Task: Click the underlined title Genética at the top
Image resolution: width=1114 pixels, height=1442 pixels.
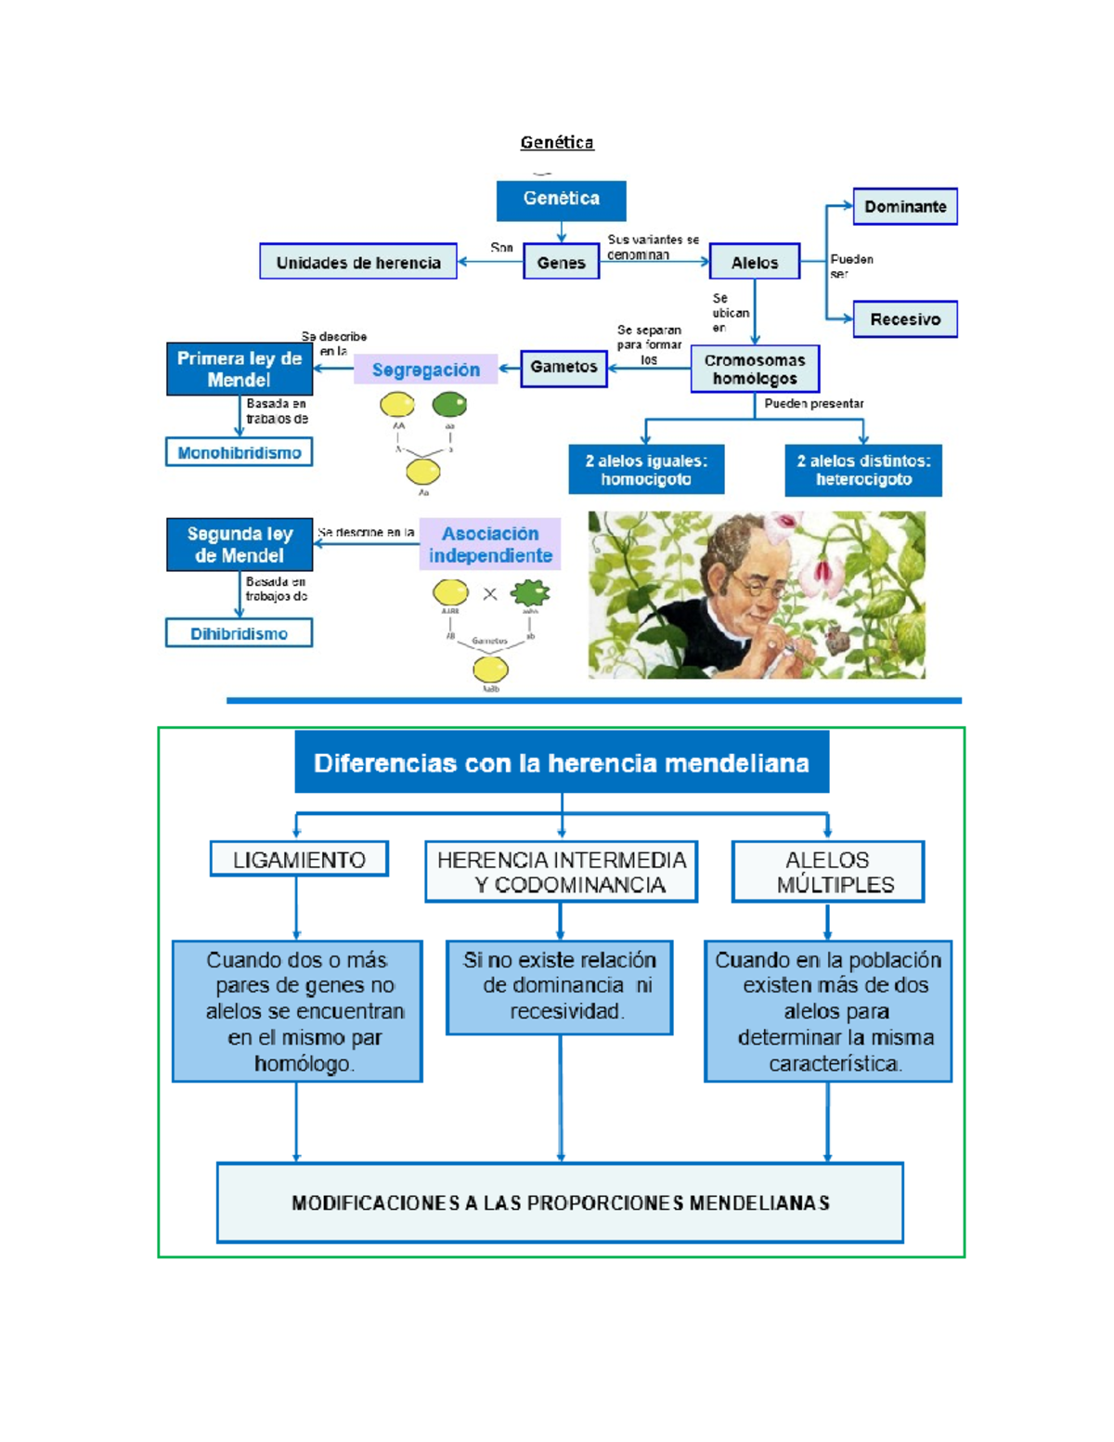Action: (x=557, y=142)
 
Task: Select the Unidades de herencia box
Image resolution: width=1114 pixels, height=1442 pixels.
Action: (x=358, y=262)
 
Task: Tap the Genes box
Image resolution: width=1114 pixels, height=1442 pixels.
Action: (x=561, y=262)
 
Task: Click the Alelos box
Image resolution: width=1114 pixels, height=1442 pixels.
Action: (x=754, y=262)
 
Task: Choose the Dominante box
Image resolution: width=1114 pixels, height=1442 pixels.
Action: (x=905, y=206)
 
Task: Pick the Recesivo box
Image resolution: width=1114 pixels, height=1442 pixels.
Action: (x=905, y=319)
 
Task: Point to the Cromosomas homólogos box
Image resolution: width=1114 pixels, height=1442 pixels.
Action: (x=755, y=369)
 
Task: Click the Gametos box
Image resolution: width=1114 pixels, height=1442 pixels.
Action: (x=563, y=368)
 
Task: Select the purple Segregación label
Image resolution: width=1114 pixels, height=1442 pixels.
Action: (x=426, y=370)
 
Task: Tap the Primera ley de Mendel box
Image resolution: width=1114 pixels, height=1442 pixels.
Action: (x=240, y=369)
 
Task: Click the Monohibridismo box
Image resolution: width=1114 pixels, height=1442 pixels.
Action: (x=240, y=452)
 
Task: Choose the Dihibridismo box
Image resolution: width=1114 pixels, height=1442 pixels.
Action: (x=240, y=633)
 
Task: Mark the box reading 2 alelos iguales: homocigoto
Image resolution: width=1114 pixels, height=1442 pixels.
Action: (x=646, y=470)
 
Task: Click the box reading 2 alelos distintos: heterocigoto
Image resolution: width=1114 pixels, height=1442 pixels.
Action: (x=863, y=470)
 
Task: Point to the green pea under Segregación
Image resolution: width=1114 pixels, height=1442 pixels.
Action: (x=449, y=405)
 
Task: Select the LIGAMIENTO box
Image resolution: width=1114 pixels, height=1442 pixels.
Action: (x=299, y=860)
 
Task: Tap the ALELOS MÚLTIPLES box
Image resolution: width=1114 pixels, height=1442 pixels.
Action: (x=828, y=872)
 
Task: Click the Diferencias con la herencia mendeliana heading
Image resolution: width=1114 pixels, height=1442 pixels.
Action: (x=562, y=762)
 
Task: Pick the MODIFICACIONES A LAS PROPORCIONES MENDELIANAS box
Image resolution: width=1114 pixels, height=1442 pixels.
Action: (x=560, y=1202)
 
